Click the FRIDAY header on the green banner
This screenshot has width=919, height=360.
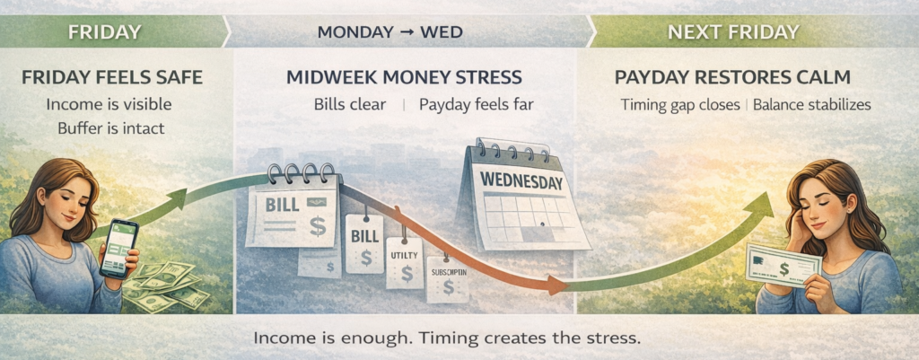pyautogui.click(x=104, y=32)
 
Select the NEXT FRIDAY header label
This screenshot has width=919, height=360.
pyautogui.click(x=733, y=32)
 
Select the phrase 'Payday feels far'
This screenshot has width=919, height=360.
pyautogui.click(x=476, y=104)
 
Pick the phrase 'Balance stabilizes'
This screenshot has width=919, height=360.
pyautogui.click(x=811, y=104)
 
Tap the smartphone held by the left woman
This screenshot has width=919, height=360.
pyautogui.click(x=119, y=248)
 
